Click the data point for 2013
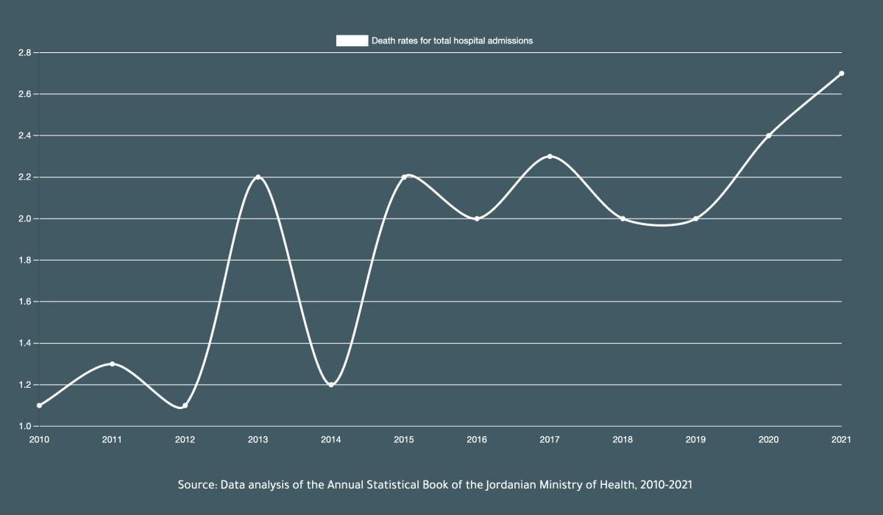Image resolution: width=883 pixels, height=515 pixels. tap(258, 177)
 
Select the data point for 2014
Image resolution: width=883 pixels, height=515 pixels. tap(331, 385)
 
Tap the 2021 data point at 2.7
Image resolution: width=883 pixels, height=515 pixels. tap(841, 74)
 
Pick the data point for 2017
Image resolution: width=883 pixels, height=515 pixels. tap(550, 157)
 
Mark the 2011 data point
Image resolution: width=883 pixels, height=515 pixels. tap(112, 364)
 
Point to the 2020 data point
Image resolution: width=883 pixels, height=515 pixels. tap(768, 135)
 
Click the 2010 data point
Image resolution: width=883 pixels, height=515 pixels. tap(39, 405)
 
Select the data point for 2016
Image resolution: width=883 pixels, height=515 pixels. tap(477, 219)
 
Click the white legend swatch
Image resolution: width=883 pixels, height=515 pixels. tap(352, 41)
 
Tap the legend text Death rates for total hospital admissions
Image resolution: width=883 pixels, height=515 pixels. tap(452, 41)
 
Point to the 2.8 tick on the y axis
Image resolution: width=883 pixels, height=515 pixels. tap(24, 53)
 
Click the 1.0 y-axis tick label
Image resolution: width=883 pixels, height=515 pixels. tap(24, 427)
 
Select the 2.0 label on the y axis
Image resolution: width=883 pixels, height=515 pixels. tap(24, 219)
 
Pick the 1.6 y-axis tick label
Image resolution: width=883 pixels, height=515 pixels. tap(24, 302)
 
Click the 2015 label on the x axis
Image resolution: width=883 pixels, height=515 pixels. tap(404, 440)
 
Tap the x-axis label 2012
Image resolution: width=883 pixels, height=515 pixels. tap(185, 440)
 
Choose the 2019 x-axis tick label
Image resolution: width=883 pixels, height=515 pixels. tap(695, 440)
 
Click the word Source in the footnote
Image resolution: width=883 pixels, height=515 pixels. tap(196, 486)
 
